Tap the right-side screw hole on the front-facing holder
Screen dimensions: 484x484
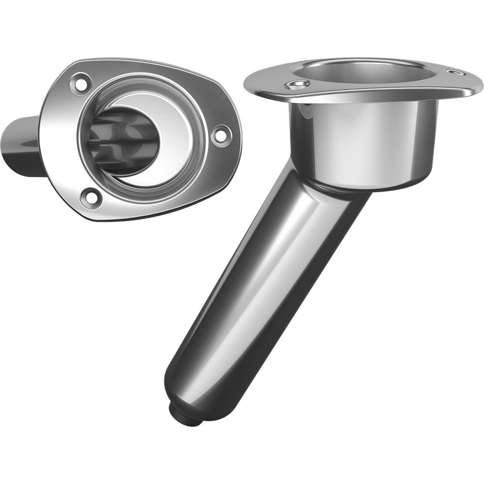coord(220,134)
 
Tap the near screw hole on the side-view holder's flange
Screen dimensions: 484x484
coord(297,86)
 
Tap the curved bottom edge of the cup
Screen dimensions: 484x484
coord(368,186)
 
